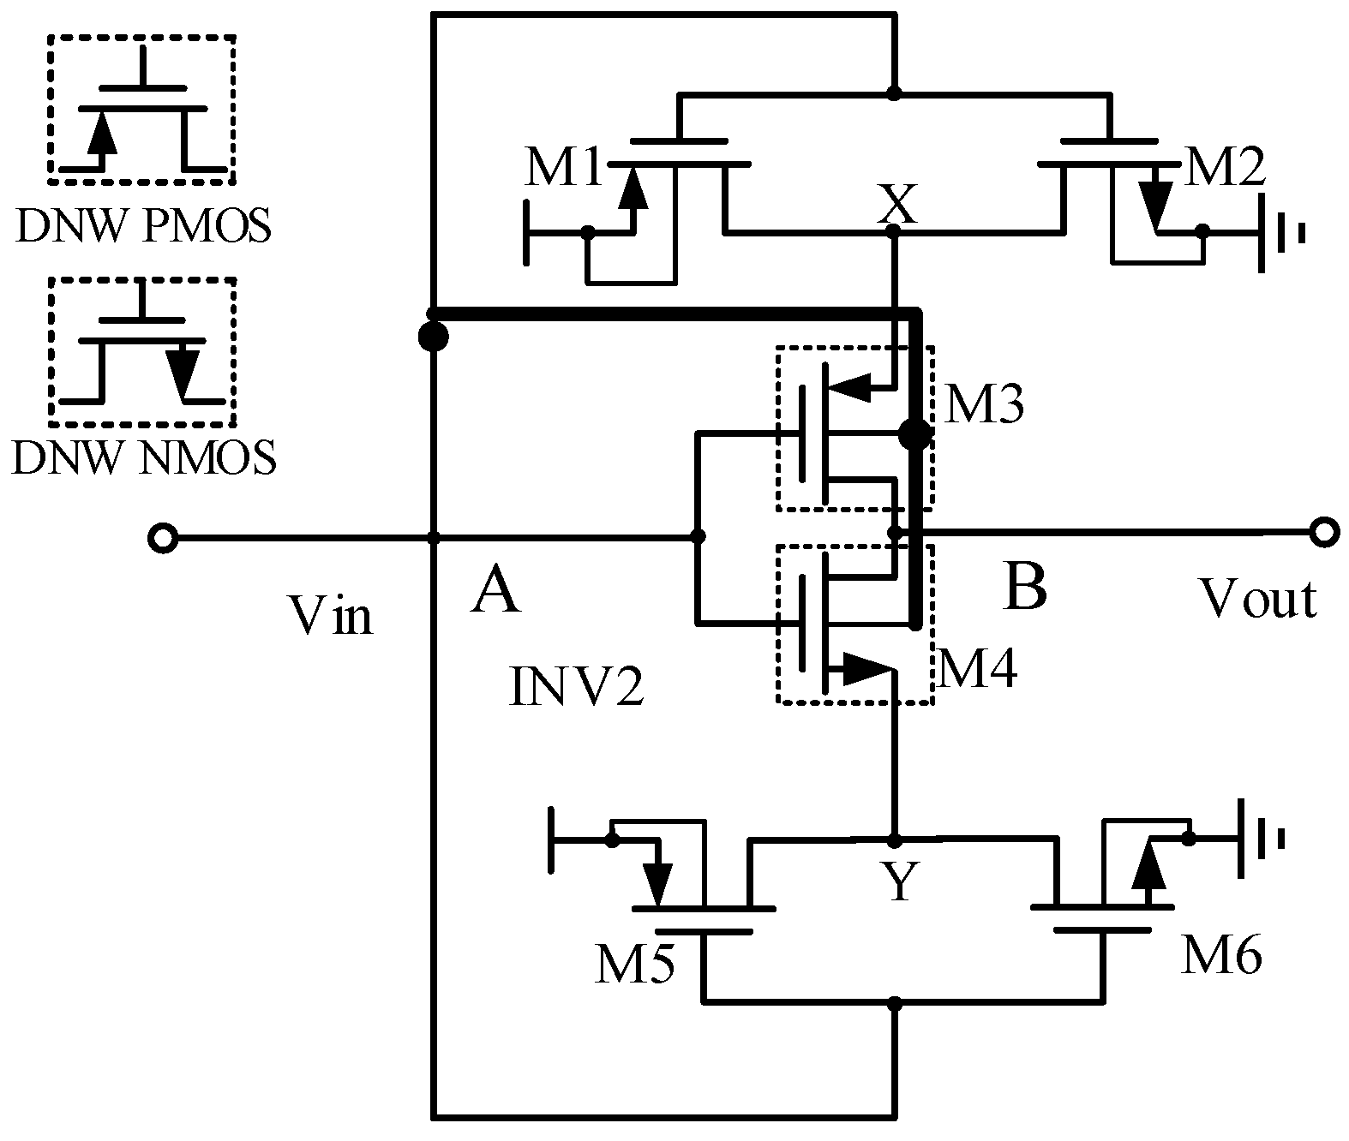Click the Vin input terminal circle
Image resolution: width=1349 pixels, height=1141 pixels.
[x=162, y=538]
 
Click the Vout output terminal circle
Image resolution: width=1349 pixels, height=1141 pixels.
[x=1323, y=533]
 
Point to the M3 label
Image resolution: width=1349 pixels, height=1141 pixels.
[x=982, y=406]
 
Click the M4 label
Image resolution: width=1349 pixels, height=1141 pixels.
[x=977, y=670]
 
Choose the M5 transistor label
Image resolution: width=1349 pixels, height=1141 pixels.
[x=635, y=965]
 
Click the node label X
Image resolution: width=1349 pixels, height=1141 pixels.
[x=896, y=206]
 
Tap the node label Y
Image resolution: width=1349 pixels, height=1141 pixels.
[x=899, y=882]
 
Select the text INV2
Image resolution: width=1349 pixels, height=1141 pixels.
[x=575, y=690]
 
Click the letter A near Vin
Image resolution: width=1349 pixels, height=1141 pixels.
[x=495, y=592]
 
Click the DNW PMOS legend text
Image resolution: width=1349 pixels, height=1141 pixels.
[x=142, y=227]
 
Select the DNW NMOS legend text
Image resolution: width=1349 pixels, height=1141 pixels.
[x=144, y=459]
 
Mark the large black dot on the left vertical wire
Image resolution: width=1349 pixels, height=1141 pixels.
[x=434, y=336]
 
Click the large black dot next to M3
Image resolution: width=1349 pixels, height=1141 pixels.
[x=914, y=435]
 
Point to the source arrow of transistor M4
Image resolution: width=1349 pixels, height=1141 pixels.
[x=866, y=669]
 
